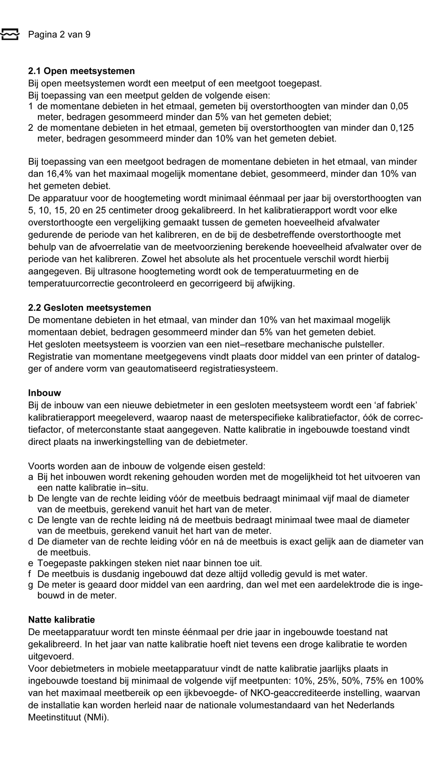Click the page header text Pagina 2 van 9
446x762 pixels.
[x=59, y=35]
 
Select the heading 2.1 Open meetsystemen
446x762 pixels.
[x=81, y=71]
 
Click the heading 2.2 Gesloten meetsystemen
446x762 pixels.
[x=89, y=308]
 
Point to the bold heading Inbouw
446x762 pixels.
[x=45, y=393]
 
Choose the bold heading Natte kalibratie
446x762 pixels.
[x=62, y=620]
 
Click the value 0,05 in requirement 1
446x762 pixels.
[x=399, y=106]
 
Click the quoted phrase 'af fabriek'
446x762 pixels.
[x=392, y=406]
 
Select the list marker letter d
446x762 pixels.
[x=31, y=542]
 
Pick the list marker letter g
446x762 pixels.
[x=31, y=585]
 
